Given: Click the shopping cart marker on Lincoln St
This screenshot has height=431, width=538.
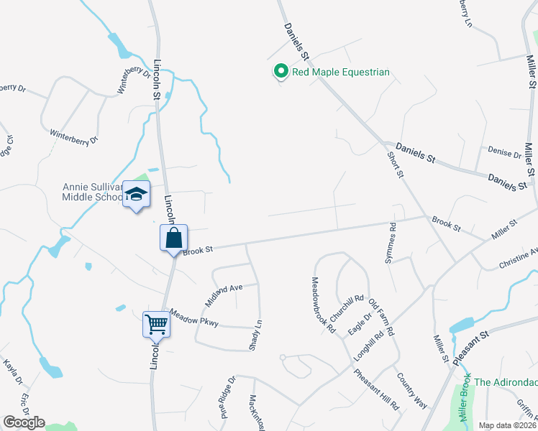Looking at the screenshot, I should (x=156, y=324).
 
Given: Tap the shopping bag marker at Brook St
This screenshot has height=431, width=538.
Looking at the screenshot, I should (x=174, y=238).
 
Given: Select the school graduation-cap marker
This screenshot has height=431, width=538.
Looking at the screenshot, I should (x=136, y=195).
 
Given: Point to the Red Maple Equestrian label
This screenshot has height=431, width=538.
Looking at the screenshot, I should (x=339, y=72).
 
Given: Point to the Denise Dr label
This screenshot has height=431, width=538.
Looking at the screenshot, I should (x=504, y=153).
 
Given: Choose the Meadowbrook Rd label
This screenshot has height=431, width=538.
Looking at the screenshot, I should (x=323, y=305).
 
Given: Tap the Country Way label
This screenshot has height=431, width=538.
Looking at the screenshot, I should (x=411, y=390).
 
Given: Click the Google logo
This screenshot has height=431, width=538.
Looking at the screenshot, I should (x=24, y=422).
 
